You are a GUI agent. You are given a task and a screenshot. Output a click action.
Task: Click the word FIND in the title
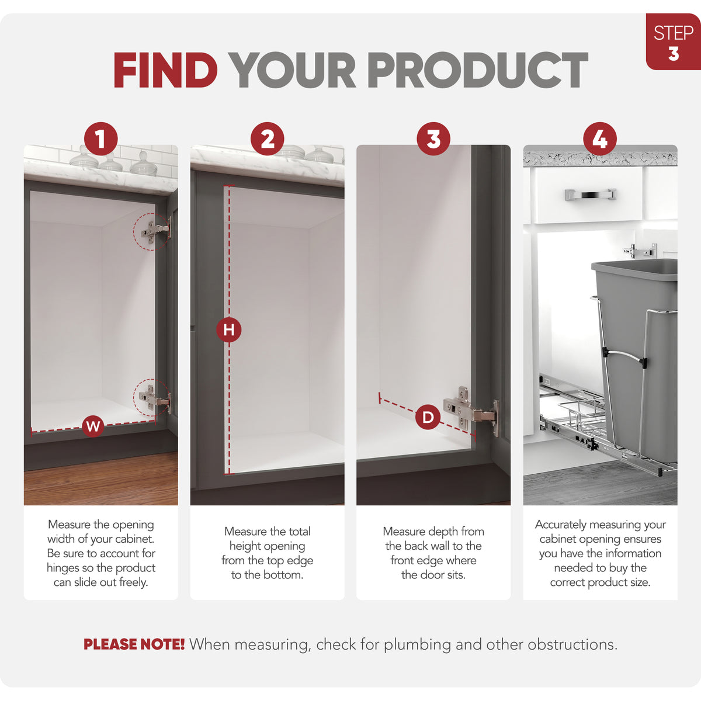pyautogui.click(x=165, y=70)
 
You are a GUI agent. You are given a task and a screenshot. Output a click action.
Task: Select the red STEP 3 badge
pyautogui.click(x=674, y=41)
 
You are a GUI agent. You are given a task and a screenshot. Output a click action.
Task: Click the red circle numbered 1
pyautogui.click(x=100, y=139)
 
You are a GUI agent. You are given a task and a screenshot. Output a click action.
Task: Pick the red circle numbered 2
pyautogui.click(x=268, y=139)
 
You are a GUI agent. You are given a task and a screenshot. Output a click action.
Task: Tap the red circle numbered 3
pyautogui.click(x=433, y=139)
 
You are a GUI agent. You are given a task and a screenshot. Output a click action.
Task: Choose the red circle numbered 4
pyautogui.click(x=600, y=139)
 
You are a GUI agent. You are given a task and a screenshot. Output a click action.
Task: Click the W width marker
pyautogui.click(x=93, y=426)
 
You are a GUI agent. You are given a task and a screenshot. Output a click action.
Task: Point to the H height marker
pyautogui.click(x=229, y=330)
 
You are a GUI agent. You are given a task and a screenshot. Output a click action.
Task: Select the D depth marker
pyautogui.click(x=428, y=417)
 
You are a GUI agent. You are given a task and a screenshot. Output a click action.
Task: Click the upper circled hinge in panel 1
pyautogui.click(x=153, y=231)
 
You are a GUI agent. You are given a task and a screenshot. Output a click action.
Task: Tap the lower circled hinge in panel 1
pyautogui.click(x=153, y=399)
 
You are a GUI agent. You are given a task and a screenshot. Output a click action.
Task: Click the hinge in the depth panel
pyautogui.click(x=471, y=411)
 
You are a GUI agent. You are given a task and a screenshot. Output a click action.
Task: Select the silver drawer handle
pyautogui.click(x=591, y=194)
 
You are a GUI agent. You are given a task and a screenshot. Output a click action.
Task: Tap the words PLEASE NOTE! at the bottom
pyautogui.click(x=134, y=644)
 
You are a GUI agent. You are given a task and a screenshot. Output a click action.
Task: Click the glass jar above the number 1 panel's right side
pyautogui.click(x=143, y=164)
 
